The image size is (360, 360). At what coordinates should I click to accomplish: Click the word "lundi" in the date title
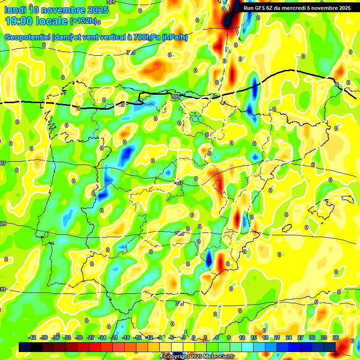coord(15,10)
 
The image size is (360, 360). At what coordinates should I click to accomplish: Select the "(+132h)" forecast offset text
coord(83,21)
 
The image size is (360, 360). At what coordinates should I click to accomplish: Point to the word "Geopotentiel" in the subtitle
coord(27,37)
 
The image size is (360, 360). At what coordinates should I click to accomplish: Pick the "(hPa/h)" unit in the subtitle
coord(175,37)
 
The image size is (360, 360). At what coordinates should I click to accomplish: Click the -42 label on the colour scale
coord(32,337)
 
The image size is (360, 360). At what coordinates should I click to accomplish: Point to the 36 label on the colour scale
coord(335,337)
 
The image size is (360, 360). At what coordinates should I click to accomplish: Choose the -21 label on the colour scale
coord(114,337)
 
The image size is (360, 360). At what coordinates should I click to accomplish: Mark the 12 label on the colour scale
coord(242,337)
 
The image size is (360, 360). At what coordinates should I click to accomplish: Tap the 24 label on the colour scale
coord(288,337)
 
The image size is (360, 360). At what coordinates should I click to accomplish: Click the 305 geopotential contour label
coord(176,97)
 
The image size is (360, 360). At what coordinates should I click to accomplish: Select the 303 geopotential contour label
coord(131,52)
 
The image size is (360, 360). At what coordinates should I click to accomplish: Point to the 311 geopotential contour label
coord(180,304)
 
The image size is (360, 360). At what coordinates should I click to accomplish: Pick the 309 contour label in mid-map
coord(180,233)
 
